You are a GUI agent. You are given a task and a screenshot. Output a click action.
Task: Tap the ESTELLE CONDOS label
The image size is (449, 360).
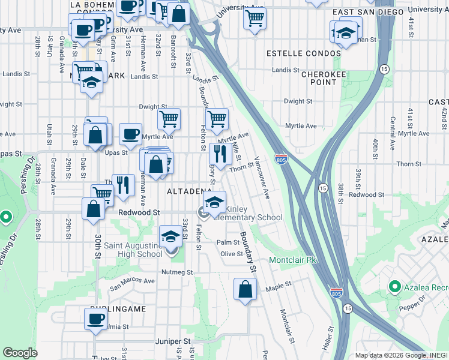tap(304, 53)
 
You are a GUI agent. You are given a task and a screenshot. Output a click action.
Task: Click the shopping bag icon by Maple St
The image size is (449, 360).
tap(246, 290)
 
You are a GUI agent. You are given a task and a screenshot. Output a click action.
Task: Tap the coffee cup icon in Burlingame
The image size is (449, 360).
tap(95, 320)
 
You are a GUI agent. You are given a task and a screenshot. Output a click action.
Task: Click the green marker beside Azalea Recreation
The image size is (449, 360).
tap(394, 287)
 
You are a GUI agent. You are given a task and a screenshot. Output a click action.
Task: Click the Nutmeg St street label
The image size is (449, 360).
tap(176, 272)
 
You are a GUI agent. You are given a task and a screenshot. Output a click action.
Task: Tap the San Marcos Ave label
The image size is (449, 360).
tap(132, 281)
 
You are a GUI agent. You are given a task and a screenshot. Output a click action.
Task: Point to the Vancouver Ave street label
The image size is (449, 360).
tap(262, 178)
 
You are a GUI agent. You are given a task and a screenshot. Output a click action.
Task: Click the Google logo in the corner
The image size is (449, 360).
tap(20, 352)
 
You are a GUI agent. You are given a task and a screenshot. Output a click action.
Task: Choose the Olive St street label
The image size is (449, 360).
tap(231, 254)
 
